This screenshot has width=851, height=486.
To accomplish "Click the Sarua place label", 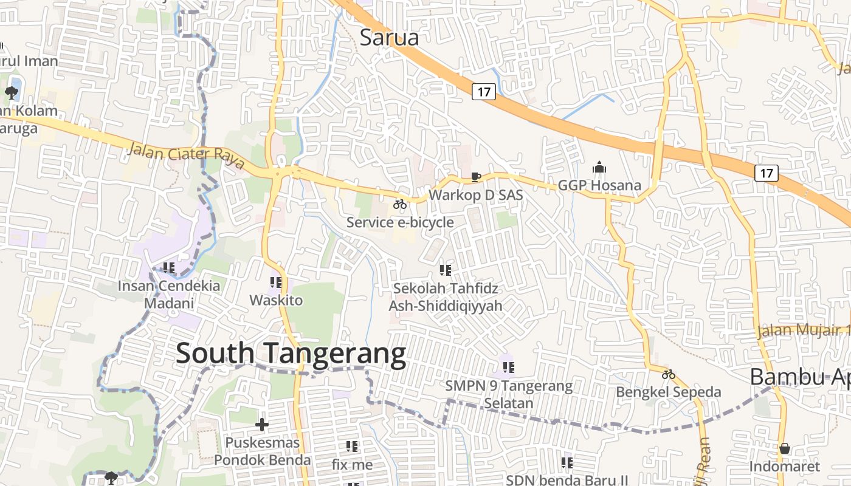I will (390, 38).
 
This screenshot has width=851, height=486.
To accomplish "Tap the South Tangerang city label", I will (291, 354).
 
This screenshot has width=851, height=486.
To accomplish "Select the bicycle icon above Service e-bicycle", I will (400, 204).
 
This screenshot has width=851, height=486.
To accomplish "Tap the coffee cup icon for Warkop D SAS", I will (476, 177).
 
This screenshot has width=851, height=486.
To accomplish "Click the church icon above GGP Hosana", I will (599, 167).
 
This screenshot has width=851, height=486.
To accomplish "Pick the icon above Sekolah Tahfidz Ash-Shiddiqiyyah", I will (446, 270).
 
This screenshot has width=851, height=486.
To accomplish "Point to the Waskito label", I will (276, 299).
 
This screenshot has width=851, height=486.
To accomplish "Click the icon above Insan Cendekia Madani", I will (169, 267).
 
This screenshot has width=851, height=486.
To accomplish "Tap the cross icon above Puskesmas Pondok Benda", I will (262, 424).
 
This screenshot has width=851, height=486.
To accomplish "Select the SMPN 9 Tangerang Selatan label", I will (509, 394).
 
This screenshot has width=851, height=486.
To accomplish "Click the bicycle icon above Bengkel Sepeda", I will (669, 374).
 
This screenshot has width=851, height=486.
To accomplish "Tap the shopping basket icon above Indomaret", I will (785, 448).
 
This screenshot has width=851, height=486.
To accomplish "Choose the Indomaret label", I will (784, 467).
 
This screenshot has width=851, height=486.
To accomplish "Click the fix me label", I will (353, 465).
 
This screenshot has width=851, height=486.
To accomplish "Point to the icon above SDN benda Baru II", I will (567, 463).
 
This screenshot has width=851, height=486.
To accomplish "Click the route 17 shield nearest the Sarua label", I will (484, 92).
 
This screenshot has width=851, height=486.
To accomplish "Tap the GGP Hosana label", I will (599, 185).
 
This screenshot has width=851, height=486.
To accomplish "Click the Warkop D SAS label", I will (476, 195).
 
